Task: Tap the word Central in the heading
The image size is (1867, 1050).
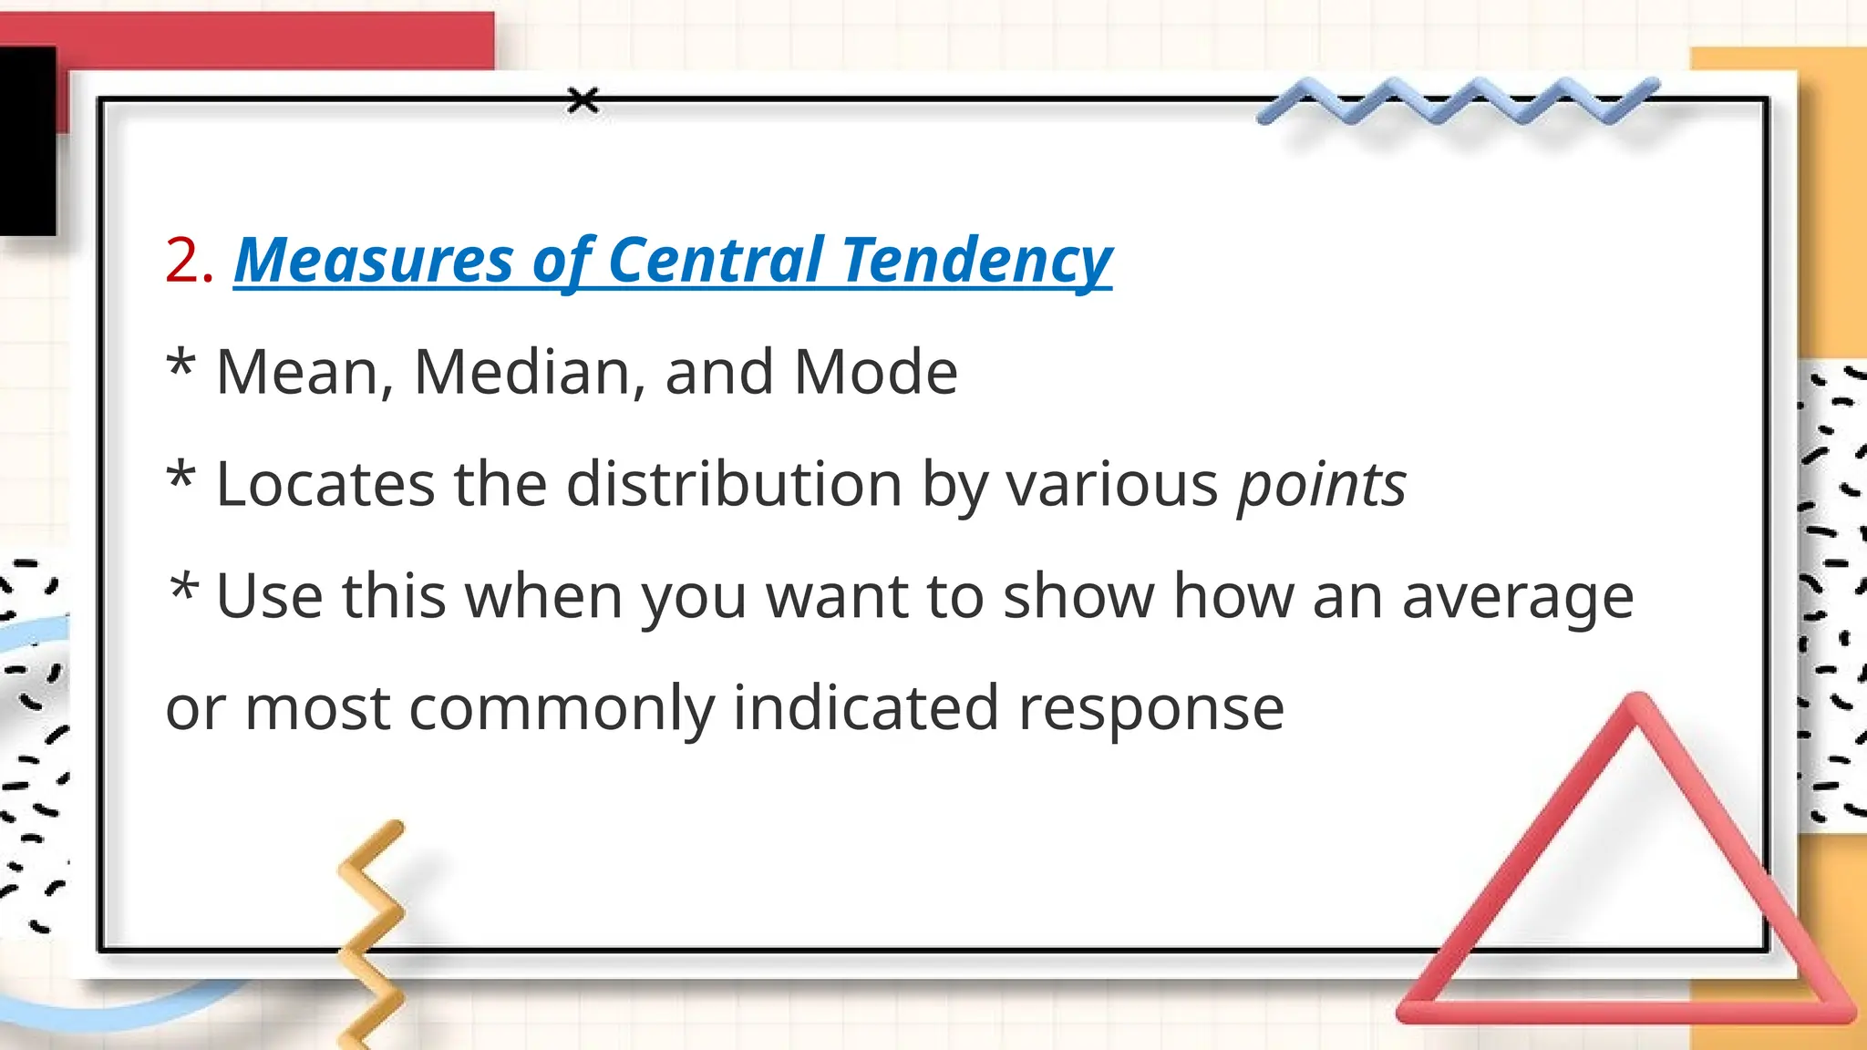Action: click(716, 262)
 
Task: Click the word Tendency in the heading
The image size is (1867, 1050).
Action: click(976, 262)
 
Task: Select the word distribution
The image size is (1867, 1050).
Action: click(734, 484)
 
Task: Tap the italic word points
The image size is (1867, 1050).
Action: click(1321, 486)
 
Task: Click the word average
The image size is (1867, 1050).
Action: click(1517, 598)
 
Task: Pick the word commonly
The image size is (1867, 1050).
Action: click(562, 709)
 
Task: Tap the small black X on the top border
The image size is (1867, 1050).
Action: click(583, 100)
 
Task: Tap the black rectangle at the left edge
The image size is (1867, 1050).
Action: click(27, 141)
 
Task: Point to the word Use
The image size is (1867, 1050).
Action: click(269, 597)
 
